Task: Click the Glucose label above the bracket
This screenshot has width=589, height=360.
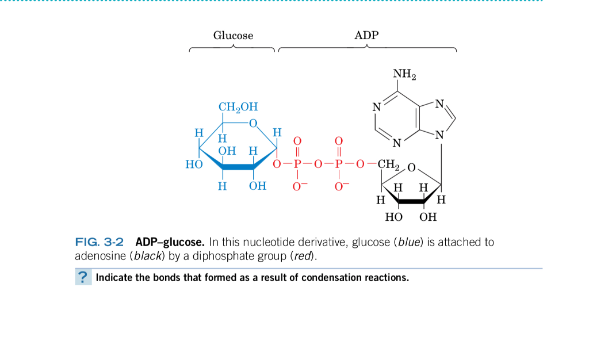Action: coord(233,36)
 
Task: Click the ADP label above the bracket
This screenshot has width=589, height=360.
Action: coord(366,36)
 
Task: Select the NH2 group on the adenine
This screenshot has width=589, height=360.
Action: coord(405,75)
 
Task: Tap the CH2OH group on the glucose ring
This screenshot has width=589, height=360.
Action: coord(238,107)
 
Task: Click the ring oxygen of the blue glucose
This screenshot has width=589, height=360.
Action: coord(253,122)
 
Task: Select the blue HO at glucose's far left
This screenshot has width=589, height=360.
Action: coord(194,165)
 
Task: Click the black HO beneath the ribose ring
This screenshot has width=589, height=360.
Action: coord(393,217)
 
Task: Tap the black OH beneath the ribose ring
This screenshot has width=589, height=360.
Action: coord(428,217)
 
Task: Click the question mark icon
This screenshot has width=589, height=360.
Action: coord(83,277)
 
